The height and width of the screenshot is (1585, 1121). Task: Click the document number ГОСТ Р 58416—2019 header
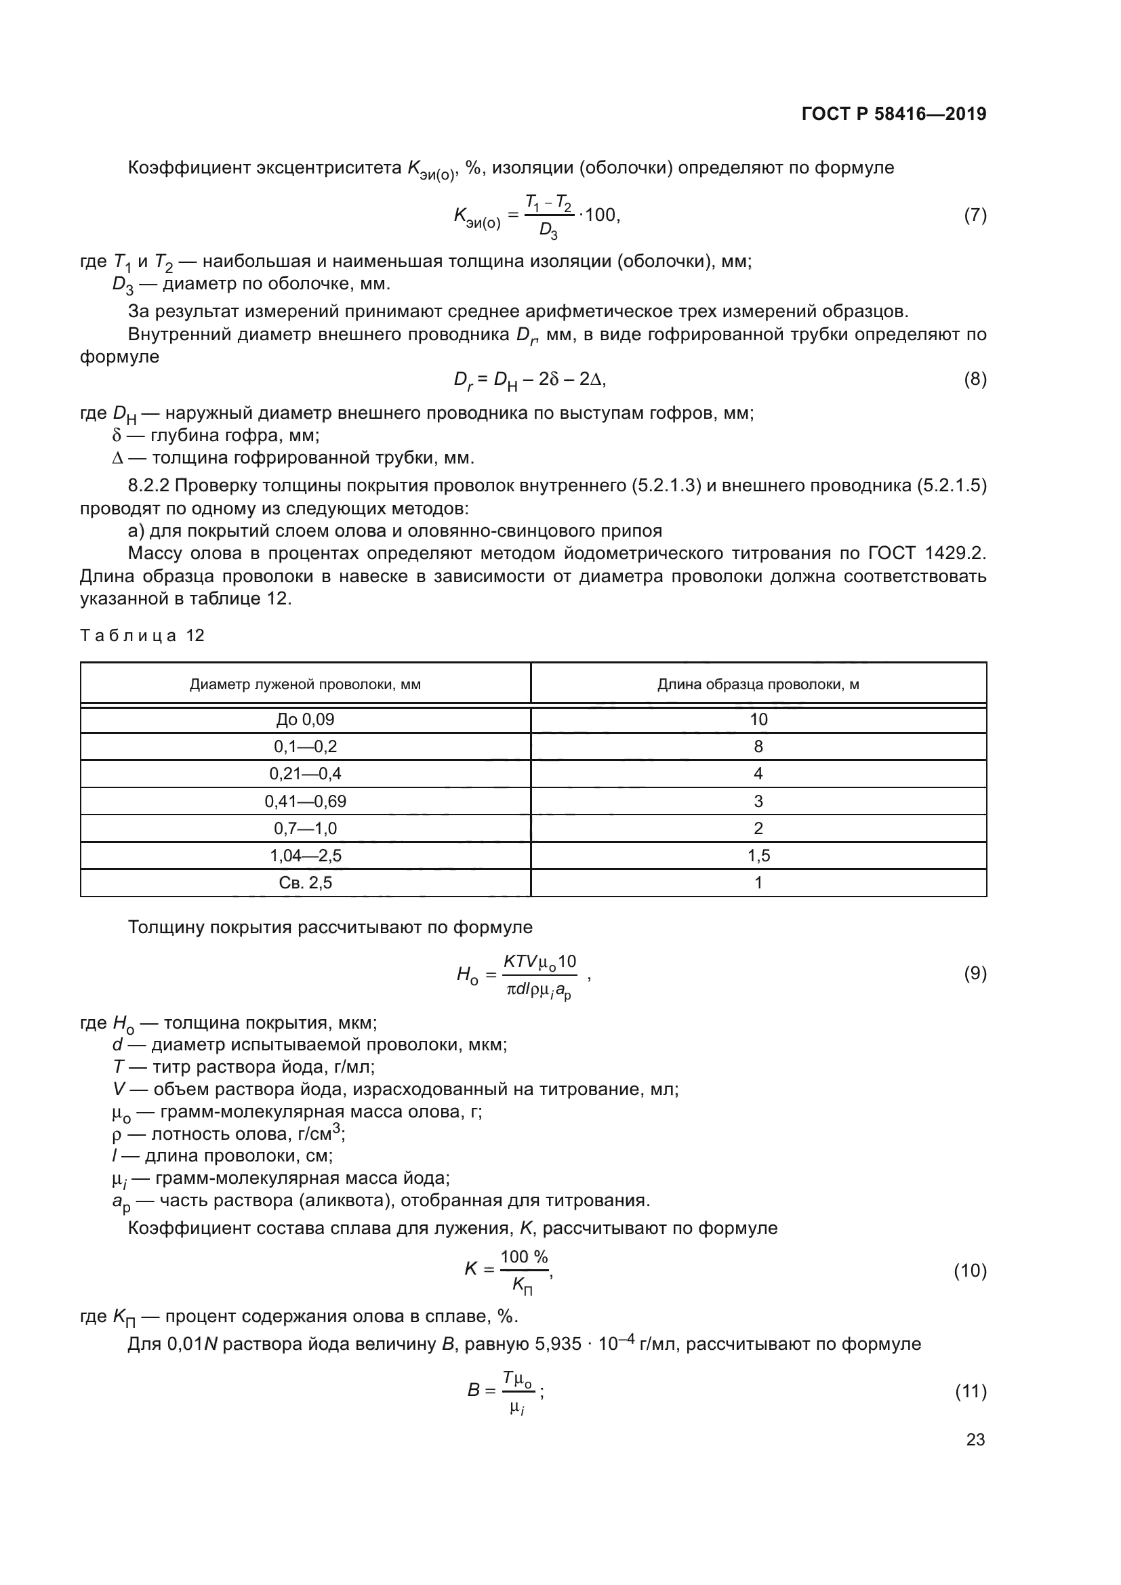[x=894, y=114]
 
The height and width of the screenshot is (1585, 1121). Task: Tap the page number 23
[x=975, y=1439]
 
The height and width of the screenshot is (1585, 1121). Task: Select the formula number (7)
[x=975, y=215]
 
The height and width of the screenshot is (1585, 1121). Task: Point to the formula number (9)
[x=975, y=973]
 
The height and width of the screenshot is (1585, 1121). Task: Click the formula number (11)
[x=971, y=1391]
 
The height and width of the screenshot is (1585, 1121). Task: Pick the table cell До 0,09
[x=305, y=720]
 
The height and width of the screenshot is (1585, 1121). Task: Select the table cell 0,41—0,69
[x=305, y=801]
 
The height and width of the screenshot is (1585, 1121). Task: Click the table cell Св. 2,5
[x=305, y=882]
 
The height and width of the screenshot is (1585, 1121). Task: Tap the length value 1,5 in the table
[x=758, y=855]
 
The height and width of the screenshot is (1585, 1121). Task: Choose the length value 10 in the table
[x=758, y=720]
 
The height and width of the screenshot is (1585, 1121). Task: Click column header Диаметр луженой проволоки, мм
[x=305, y=684]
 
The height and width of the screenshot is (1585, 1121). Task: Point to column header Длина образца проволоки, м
[x=758, y=684]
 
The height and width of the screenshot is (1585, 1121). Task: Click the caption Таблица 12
[x=142, y=635]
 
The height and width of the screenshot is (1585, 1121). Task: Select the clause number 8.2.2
[x=148, y=486]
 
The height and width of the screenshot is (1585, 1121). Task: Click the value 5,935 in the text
[x=558, y=1344]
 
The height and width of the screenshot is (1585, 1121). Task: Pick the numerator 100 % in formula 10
[x=524, y=1256]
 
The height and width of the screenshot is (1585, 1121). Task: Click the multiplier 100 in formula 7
[x=600, y=215]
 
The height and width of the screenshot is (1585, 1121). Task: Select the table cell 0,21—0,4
[x=305, y=774]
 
